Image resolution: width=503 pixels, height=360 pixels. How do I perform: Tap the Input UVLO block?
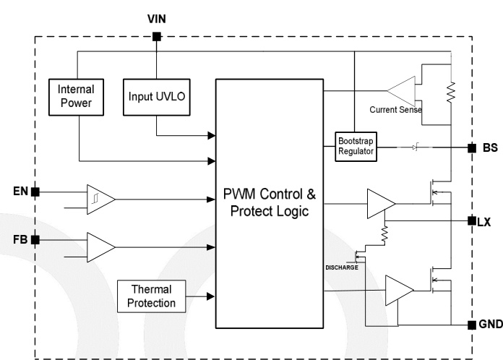(156, 96)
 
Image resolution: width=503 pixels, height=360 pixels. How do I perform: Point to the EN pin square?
(35, 192)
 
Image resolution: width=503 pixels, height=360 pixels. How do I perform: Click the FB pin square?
(35, 239)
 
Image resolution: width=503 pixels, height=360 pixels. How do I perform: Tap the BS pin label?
(489, 147)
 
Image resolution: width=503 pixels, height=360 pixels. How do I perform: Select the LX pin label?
(484, 222)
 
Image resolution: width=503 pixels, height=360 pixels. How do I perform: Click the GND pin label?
(489, 324)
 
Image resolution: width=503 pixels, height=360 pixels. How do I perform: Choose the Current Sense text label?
(395, 110)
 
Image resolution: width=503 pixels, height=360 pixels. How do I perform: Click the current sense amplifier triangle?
(400, 91)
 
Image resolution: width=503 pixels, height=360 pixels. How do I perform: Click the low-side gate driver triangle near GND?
(399, 292)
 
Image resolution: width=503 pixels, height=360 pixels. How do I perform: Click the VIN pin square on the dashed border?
(156, 37)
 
